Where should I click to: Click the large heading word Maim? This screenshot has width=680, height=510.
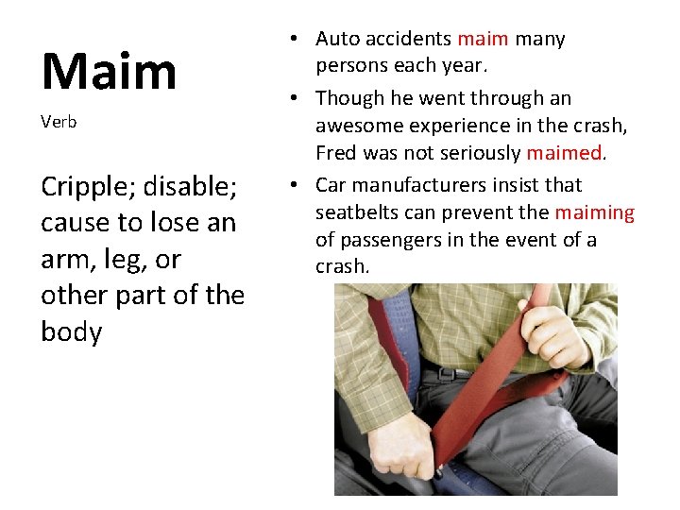[x=109, y=71]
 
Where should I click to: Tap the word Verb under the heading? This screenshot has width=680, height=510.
[x=59, y=122]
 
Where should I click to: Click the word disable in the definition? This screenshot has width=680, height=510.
[x=194, y=187]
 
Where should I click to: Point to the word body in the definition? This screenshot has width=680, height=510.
[x=71, y=331]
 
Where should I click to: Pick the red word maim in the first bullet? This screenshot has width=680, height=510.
[x=483, y=39]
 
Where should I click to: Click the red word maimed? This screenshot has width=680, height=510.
[x=564, y=153]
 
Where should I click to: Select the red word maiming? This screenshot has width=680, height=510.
[x=594, y=212]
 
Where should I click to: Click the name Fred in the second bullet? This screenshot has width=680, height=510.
[x=336, y=153]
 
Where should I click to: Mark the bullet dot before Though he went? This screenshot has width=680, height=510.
[x=296, y=98]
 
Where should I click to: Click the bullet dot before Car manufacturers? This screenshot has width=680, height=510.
[x=296, y=185]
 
